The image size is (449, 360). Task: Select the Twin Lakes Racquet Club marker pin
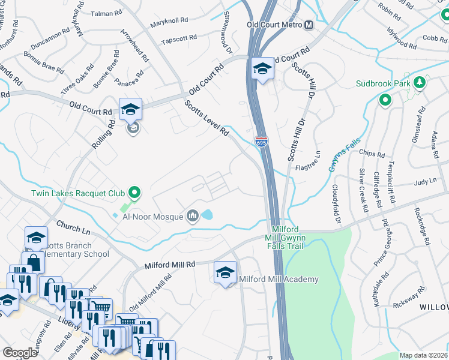click(134, 193)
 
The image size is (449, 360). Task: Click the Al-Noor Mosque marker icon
click(193, 215)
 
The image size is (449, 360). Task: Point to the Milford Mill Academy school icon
click(225, 273)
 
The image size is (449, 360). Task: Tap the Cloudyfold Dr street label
click(336, 205)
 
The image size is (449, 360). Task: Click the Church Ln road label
click(73, 228)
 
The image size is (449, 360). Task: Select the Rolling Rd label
click(103, 135)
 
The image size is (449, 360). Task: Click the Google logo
click(20, 353)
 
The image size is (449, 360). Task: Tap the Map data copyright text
click(423, 355)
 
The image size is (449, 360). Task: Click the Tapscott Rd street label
click(179, 38)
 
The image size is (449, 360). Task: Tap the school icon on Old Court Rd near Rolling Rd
click(130, 110)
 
